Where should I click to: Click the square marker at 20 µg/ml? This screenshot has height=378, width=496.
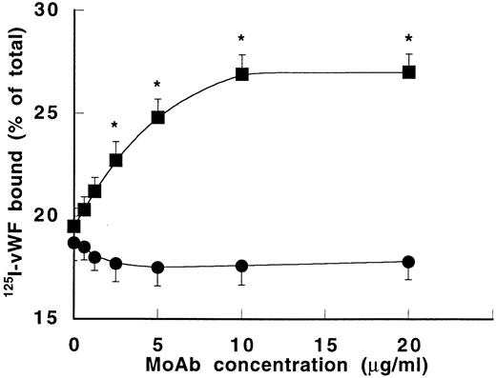tap(409, 71)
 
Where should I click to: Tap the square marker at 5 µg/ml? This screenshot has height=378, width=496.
tap(158, 117)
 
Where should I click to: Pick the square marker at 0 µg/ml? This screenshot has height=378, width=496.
tap(74, 226)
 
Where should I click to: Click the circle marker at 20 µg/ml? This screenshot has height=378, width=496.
tap(409, 262)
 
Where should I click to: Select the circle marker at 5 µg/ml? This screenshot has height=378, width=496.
tap(158, 268)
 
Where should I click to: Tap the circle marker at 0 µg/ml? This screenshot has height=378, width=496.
tap(74, 243)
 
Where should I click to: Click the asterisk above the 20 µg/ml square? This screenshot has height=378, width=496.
tap(409, 39)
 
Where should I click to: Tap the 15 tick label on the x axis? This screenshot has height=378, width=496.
tap(325, 342)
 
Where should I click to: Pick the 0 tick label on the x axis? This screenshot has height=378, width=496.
tap(74, 342)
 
